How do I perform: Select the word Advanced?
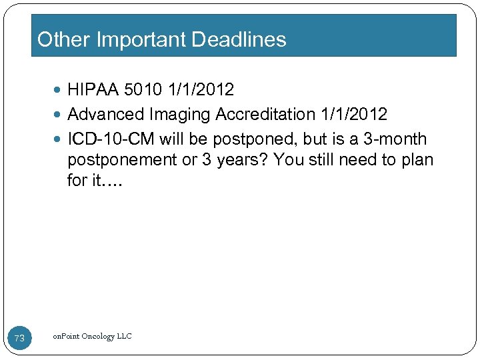tap(106, 115)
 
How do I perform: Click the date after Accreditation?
tap(353, 115)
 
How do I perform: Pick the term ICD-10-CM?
tap(111, 139)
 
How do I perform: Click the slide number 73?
tap(19, 339)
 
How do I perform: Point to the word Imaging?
tap(179, 115)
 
